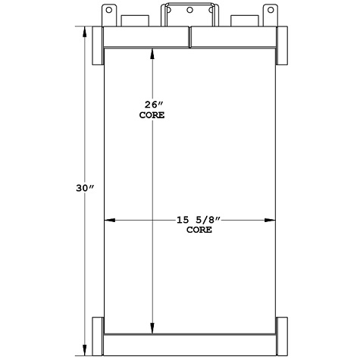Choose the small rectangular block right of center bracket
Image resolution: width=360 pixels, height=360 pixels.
tap(243, 20)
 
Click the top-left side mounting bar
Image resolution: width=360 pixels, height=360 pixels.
tap(98, 47)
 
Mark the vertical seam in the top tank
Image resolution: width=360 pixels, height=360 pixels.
tap(189, 38)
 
